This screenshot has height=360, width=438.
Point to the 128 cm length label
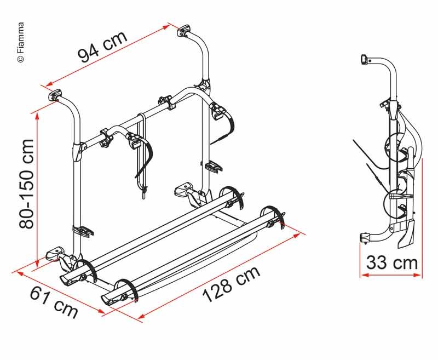pyautogui.click(x=231, y=284)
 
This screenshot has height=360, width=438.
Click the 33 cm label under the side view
pyautogui.click(x=391, y=262)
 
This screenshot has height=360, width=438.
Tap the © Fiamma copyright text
pyautogui.click(x=21, y=42)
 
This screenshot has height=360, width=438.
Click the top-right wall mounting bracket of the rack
pyautogui.click(x=183, y=30)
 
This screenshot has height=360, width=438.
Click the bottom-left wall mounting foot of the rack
pyautogui.click(x=56, y=253)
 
